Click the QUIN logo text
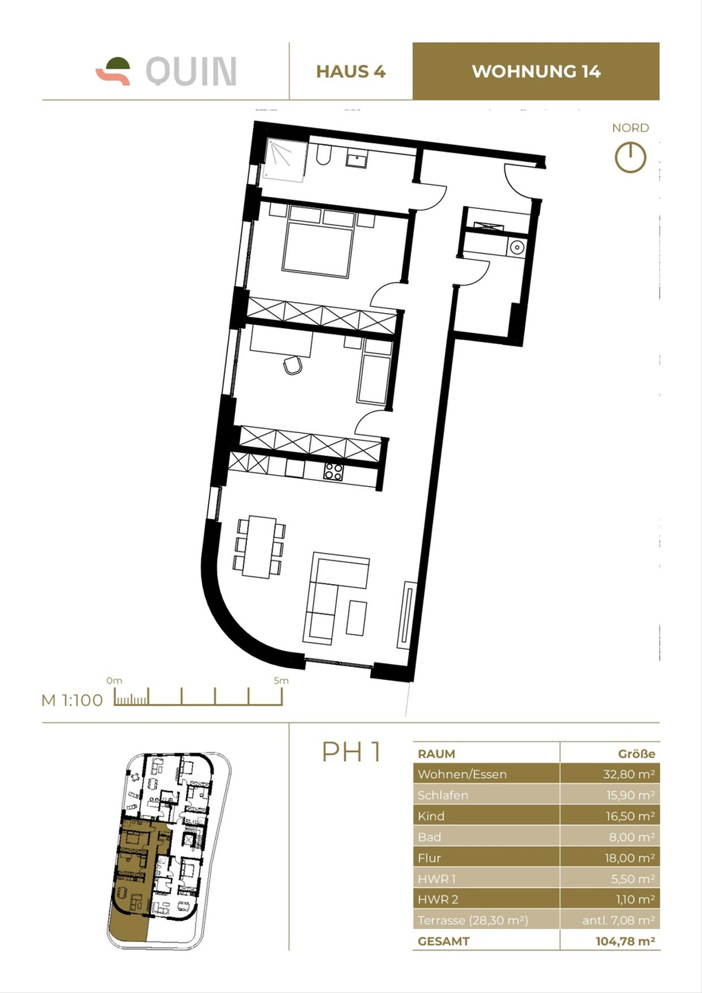[191, 71]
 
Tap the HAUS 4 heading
[350, 71]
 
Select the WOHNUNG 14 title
[536, 71]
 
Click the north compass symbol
[630, 157]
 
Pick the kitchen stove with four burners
[333, 472]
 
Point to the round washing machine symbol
[517, 248]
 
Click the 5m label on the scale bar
[281, 681]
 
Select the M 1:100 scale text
[72, 700]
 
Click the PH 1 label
[352, 752]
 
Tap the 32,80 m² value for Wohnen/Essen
[628, 774]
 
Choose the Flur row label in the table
[429, 858]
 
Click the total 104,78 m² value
[625, 942]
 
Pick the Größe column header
[636, 754]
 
